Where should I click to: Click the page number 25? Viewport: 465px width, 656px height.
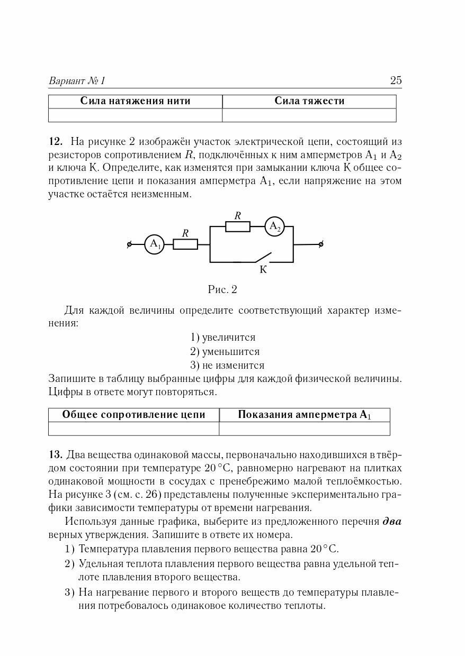[x=396, y=80]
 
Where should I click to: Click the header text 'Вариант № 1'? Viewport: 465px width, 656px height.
[x=77, y=81]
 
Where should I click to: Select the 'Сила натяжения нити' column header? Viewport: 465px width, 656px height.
[x=135, y=101]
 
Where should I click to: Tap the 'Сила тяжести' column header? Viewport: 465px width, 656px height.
[x=309, y=101]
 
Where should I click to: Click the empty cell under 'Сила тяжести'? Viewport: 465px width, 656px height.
[x=309, y=115]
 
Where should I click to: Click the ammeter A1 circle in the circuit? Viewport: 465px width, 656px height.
[x=154, y=244]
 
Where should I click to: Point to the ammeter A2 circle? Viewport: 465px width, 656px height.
[x=274, y=226]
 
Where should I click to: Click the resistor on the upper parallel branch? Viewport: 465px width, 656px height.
[x=238, y=226]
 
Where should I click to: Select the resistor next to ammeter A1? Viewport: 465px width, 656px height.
[x=185, y=244]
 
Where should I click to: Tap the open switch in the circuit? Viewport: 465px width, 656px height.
[x=263, y=258]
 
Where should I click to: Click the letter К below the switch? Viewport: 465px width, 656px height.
[x=263, y=270]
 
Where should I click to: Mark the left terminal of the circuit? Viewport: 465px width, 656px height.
[x=129, y=244]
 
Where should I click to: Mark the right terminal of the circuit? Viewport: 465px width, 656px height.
[x=320, y=244]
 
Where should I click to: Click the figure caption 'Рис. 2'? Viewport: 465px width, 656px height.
[x=222, y=289]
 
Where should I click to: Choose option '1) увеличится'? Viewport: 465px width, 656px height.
[x=222, y=337]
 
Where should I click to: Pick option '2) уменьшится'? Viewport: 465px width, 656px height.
[x=225, y=351]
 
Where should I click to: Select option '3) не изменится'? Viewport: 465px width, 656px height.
[x=227, y=365]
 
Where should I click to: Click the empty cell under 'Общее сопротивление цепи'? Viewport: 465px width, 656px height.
[x=133, y=429]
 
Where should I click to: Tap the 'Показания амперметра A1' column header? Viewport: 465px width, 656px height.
[x=305, y=415]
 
